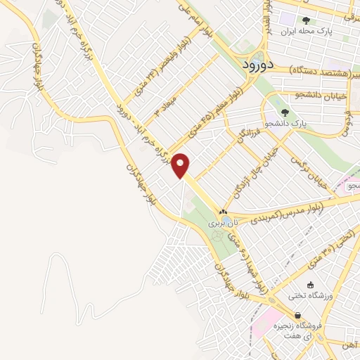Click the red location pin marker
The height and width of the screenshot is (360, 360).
181,165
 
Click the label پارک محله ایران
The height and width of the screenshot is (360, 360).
306,32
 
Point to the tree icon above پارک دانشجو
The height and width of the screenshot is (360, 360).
285,112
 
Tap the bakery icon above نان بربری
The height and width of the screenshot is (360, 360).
223,212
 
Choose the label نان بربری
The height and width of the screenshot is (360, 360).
224,223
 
